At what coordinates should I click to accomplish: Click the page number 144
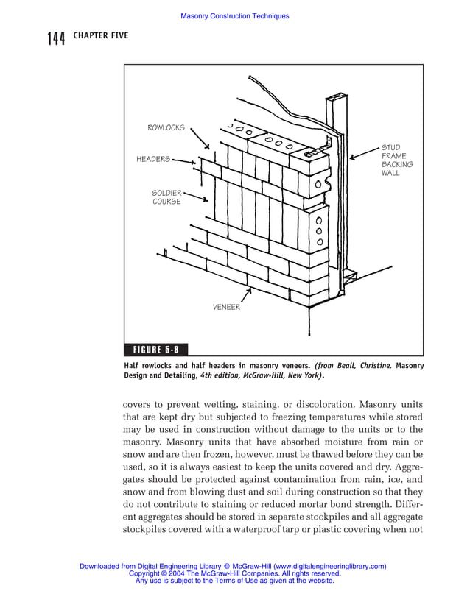click(x=57, y=38)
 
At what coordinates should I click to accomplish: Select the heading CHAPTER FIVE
click(x=100, y=35)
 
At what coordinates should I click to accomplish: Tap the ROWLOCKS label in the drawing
click(x=166, y=128)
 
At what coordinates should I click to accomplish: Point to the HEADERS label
click(x=153, y=159)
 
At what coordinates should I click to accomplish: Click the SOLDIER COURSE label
click(x=166, y=197)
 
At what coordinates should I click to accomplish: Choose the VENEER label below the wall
click(x=226, y=307)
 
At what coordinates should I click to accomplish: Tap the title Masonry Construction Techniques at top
click(x=235, y=16)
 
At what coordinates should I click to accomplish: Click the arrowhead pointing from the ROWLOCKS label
click(x=208, y=148)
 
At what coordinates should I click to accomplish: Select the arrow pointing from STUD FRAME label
click(x=354, y=157)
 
